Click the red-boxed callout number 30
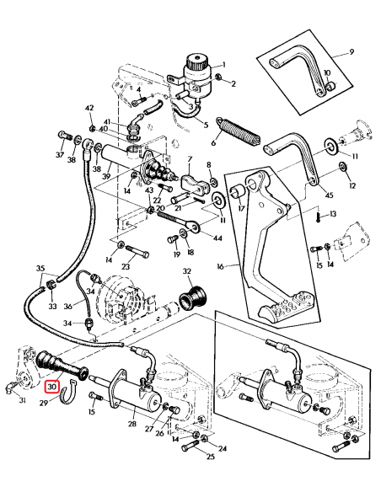pos(52,388)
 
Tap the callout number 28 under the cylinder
pos(131,425)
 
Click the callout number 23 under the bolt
pos(126,266)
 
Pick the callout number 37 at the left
pos(59,155)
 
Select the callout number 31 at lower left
pos(22,400)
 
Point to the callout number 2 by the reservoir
pos(233,83)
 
